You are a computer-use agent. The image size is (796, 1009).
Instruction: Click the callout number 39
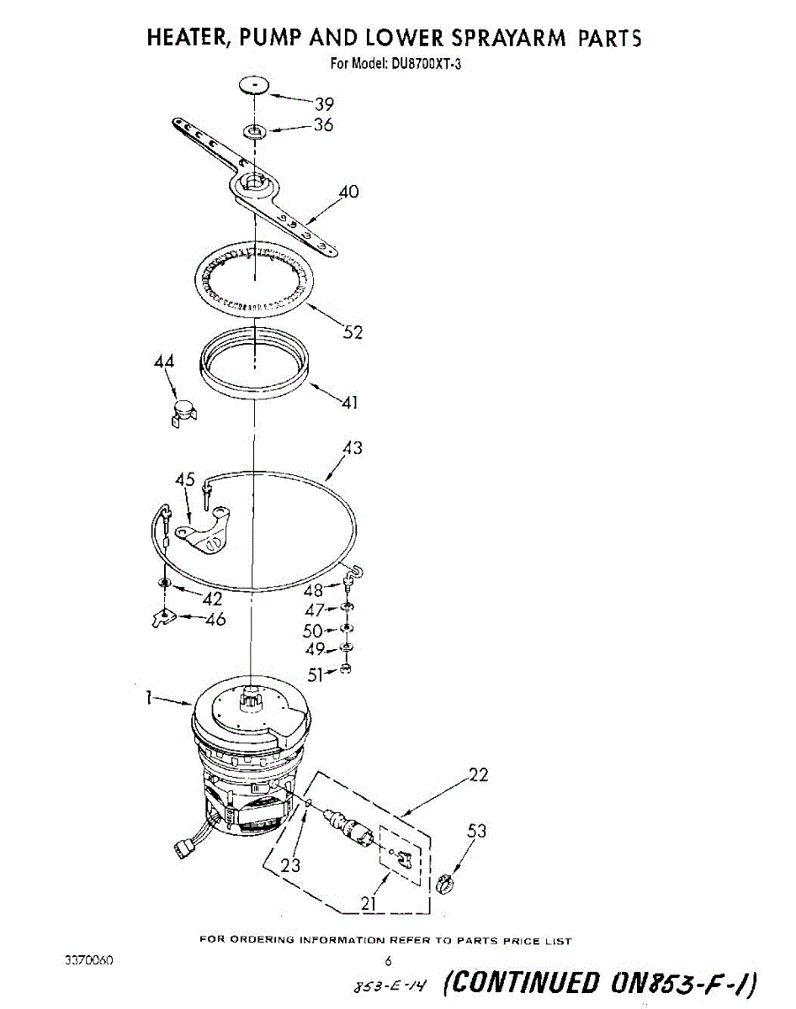click(x=324, y=104)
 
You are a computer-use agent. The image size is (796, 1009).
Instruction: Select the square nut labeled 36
click(x=255, y=130)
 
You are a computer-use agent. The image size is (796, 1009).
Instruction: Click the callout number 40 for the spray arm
click(x=348, y=192)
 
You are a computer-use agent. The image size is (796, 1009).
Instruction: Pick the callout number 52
click(x=353, y=332)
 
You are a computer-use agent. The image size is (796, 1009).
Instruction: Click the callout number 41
click(x=350, y=402)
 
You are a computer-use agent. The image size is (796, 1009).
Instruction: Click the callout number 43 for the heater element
click(x=353, y=448)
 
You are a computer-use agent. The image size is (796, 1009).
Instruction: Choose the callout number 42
click(x=212, y=599)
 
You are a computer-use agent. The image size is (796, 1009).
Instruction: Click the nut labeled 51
click(x=346, y=668)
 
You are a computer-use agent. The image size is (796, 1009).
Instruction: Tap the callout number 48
click(x=313, y=590)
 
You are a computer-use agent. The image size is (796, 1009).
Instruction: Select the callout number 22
click(x=478, y=775)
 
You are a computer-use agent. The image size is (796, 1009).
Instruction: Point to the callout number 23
click(x=291, y=864)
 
